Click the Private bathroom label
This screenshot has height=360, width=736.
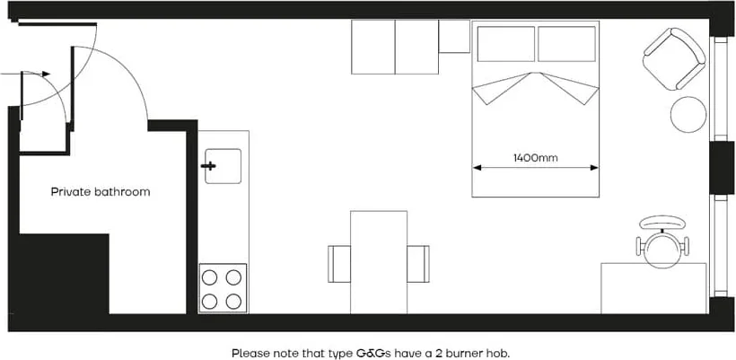tap(101, 192)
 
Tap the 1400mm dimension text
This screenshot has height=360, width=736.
tap(536, 158)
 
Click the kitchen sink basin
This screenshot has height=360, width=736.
tap(223, 166)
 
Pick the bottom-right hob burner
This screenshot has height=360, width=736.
tap(233, 300)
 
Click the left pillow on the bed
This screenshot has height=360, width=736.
tap(504, 43)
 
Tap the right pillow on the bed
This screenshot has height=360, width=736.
tap(566, 43)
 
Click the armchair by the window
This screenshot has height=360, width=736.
tap(673, 59)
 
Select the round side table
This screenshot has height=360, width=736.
tap(689, 114)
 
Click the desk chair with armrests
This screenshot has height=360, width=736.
tap(663, 241)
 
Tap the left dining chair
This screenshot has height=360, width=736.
tap(339, 263)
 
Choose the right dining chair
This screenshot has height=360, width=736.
tap(418, 263)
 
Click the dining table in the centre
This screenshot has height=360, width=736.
tap(379, 261)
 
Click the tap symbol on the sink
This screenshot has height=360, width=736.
tap(210, 166)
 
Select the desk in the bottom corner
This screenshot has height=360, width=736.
tap(653, 287)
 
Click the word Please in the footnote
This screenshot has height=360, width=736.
tap(249, 353)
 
